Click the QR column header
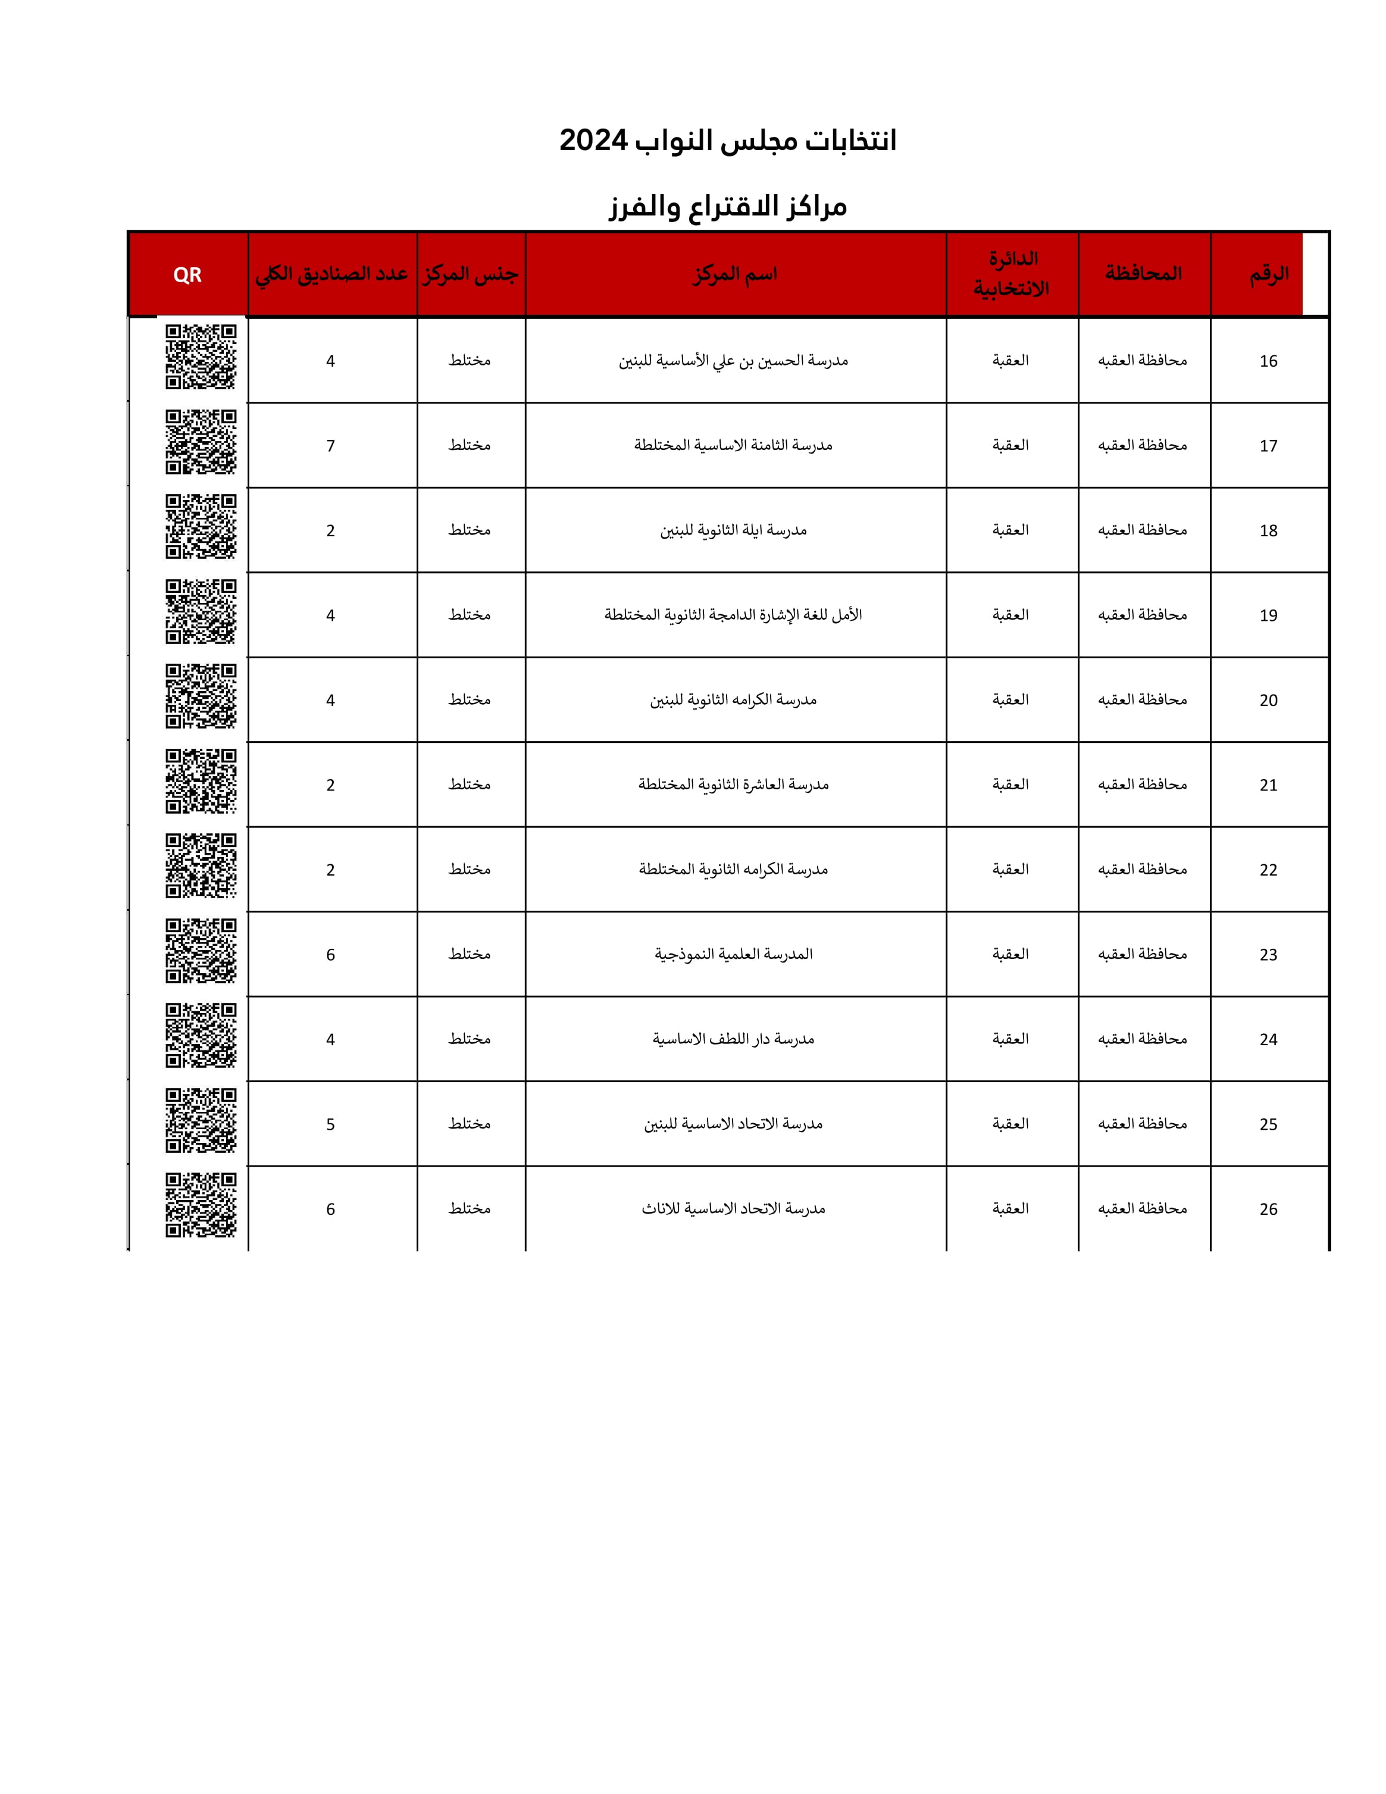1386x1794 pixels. click(x=187, y=275)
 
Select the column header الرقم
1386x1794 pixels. click(x=1269, y=274)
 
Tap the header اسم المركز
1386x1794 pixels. click(x=735, y=274)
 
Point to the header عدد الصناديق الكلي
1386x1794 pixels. click(x=331, y=274)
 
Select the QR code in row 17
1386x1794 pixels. click(x=201, y=442)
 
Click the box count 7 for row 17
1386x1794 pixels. click(x=330, y=446)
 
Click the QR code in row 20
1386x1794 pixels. click(x=201, y=696)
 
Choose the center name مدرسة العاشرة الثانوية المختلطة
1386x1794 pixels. click(x=733, y=785)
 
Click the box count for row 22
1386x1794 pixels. click(x=330, y=870)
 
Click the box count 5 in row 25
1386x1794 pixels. click(x=330, y=1124)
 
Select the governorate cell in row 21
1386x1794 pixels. click(x=1142, y=785)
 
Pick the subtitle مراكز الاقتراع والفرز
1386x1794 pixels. click(x=727, y=206)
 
